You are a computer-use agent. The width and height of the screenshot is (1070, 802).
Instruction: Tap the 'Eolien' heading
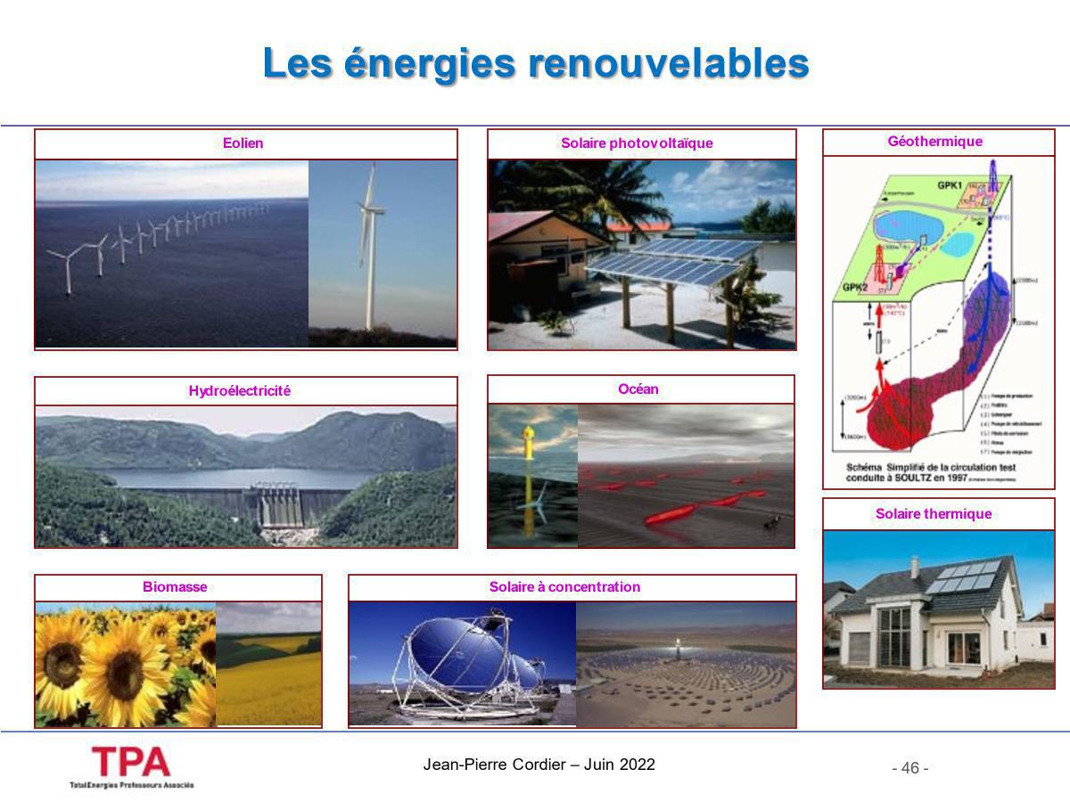(x=243, y=143)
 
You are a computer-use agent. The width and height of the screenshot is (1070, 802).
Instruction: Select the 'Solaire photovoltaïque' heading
(x=637, y=143)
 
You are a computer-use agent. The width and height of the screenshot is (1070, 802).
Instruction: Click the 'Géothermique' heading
(x=934, y=142)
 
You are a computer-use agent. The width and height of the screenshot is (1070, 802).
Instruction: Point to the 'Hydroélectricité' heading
(x=239, y=391)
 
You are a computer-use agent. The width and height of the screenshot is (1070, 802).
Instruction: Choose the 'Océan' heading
(x=638, y=389)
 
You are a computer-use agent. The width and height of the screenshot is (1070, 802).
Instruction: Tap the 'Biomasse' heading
(x=175, y=587)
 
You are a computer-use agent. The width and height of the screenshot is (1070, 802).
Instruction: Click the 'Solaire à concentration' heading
(x=564, y=587)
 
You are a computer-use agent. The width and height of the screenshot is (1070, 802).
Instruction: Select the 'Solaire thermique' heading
(x=934, y=514)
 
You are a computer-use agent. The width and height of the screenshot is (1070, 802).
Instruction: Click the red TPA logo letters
(x=131, y=762)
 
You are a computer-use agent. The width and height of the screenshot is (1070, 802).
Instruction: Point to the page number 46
(x=910, y=768)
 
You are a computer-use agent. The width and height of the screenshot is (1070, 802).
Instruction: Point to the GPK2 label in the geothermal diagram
(x=855, y=288)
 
